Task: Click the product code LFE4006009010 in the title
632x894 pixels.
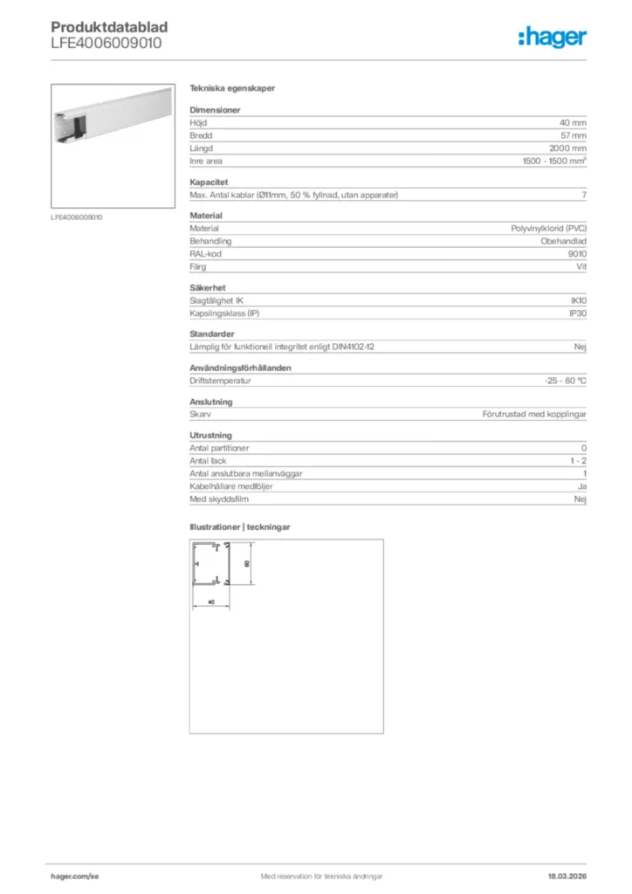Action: pos(106,42)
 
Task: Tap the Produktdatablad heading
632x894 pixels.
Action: pos(109,27)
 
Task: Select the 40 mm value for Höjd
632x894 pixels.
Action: pos(573,123)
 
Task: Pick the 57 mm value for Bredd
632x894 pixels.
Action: pos(573,136)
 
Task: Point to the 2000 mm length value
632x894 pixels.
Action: pos(567,148)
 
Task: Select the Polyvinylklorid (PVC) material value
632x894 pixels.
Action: pos(548,228)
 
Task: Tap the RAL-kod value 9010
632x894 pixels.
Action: pos(577,253)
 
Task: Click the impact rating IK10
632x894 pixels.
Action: pos(578,300)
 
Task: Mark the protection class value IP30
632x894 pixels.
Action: pos(578,313)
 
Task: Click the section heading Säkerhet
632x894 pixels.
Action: pos(206,287)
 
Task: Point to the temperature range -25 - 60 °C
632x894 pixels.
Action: pos(565,381)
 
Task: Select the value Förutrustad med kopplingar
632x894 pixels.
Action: pos(534,414)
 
